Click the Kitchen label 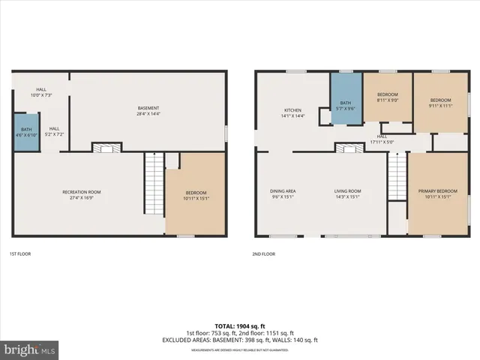[292, 113]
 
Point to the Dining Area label [283, 194]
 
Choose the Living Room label [347, 194]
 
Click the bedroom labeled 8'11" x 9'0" [387, 98]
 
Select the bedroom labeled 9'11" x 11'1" [440, 103]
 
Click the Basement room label [148, 111]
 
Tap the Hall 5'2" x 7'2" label [55, 131]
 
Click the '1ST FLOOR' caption [20, 254]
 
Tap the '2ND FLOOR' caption [264, 254]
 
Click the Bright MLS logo [30, 349]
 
